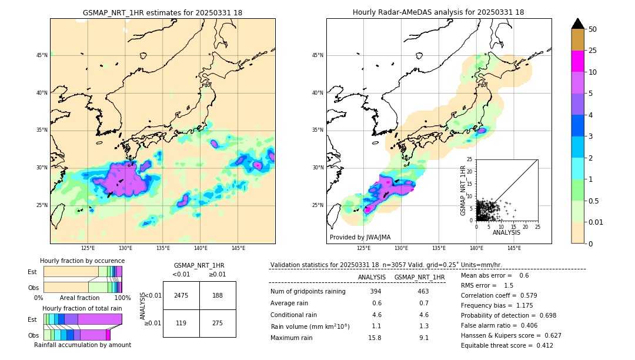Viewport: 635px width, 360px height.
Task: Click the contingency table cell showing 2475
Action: pyautogui.click(x=181, y=295)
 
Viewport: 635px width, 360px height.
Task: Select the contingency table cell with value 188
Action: pyautogui.click(x=218, y=295)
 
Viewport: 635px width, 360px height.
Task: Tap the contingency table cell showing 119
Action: pyautogui.click(x=181, y=323)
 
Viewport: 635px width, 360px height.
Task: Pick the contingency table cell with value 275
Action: pyautogui.click(x=218, y=323)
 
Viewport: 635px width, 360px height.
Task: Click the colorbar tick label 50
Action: pyautogui.click(x=593, y=29)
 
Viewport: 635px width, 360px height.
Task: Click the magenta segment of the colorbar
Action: pyautogui.click(x=577, y=61)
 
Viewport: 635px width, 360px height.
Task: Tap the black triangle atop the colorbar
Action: pyautogui.click(x=577, y=24)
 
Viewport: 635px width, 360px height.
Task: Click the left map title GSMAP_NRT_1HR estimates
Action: pyautogui.click(x=162, y=12)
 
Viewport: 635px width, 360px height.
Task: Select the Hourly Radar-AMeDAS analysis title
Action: pyautogui.click(x=439, y=12)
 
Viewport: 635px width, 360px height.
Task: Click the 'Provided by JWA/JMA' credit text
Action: pyautogui.click(x=360, y=237)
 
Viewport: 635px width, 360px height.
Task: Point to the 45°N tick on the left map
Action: pyautogui.click(x=42, y=55)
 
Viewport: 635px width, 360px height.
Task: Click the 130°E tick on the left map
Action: pyautogui.click(x=125, y=248)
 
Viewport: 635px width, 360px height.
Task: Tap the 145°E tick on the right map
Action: pyautogui.click(x=514, y=248)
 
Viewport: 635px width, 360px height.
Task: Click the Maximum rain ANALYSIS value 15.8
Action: pyautogui.click(x=375, y=338)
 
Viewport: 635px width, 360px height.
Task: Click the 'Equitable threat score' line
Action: pyautogui.click(x=507, y=345)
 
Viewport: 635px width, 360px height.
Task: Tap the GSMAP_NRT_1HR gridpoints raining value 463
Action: pyautogui.click(x=423, y=291)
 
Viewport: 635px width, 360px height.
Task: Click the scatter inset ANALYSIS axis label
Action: pyautogui.click(x=506, y=232)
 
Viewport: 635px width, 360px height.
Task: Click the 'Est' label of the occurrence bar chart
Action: pyautogui.click(x=33, y=272)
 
